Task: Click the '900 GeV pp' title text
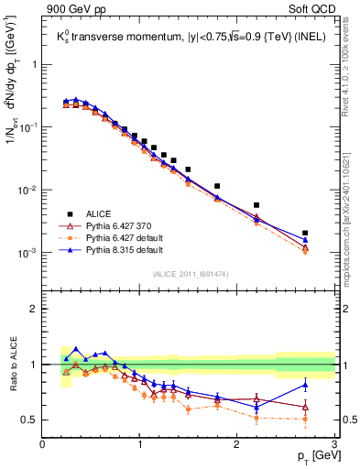71,10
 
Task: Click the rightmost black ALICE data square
305,233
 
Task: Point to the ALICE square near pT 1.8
217,186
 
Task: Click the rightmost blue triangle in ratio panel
305,385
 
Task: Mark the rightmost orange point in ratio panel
305,420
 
